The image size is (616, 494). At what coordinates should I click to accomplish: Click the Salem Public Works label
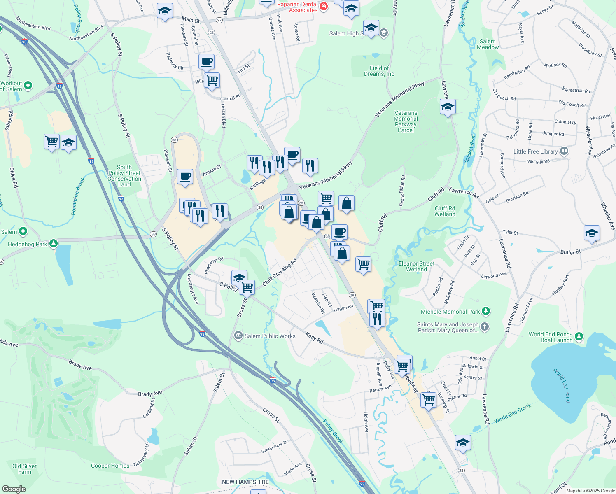pyautogui.click(x=270, y=336)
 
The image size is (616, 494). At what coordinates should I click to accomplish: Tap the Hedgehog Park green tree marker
pyautogui.click(x=54, y=244)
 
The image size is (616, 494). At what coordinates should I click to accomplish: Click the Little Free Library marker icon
pyautogui.click(x=564, y=151)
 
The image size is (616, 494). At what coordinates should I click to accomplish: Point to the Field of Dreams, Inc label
pyautogui.click(x=379, y=71)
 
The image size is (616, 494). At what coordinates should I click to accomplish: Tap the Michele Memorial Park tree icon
pyautogui.click(x=486, y=311)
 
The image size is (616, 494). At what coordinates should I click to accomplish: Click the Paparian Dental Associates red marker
pyautogui.click(x=324, y=6)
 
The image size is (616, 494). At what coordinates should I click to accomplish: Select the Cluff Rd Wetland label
pyautogui.click(x=445, y=211)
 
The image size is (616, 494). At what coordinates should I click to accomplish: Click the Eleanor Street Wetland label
pyautogui.click(x=416, y=266)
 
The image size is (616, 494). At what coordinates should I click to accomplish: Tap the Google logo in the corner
pyautogui.click(x=14, y=489)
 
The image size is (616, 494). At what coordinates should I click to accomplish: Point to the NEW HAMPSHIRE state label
pyautogui.click(x=245, y=482)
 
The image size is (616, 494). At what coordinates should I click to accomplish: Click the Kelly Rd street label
pyautogui.click(x=314, y=338)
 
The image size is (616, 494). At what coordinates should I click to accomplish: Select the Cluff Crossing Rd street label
pyautogui.click(x=280, y=272)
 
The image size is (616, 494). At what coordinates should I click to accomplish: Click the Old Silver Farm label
pyautogui.click(x=24, y=469)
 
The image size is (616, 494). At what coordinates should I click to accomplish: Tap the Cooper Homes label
pyautogui.click(x=110, y=466)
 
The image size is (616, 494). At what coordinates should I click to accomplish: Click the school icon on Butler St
pyautogui.click(x=592, y=233)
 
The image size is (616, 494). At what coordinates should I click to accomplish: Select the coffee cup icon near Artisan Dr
pyautogui.click(x=185, y=177)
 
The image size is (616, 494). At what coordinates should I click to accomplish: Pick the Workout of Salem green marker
pyautogui.click(x=28, y=86)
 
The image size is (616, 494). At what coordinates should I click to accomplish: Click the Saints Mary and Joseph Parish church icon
pyautogui.click(x=485, y=327)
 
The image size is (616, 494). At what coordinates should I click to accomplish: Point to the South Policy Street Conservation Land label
pyautogui.click(x=124, y=176)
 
